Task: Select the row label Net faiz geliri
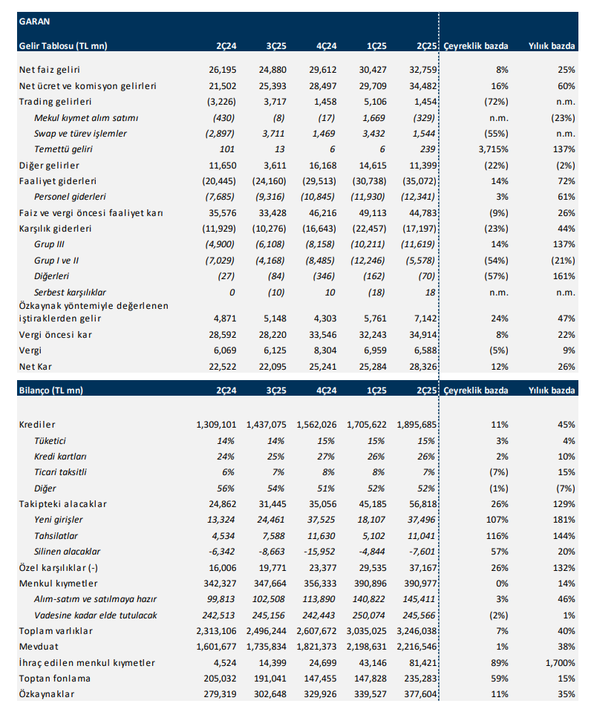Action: (50, 69)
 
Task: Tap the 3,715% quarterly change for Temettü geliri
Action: (493, 149)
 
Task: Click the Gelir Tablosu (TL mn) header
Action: (62, 45)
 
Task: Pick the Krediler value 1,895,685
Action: (413, 424)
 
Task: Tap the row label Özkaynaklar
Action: (47, 694)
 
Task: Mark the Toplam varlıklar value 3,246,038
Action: (413, 631)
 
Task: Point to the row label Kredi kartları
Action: (61, 456)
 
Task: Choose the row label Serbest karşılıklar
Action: (71, 293)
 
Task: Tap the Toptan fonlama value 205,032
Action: (219, 679)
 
